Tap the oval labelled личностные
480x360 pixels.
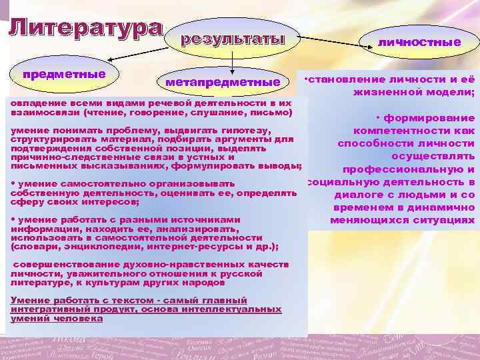[419, 42]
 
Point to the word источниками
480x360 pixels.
[203, 219]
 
